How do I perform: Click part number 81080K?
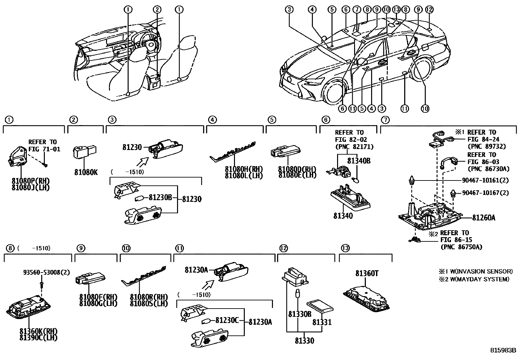pyautogui.click(x=86, y=172)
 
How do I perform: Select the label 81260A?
pyautogui.click(x=483, y=218)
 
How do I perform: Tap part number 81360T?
pyautogui.click(x=367, y=273)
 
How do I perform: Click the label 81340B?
pyautogui.click(x=359, y=161)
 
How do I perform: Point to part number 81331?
pyautogui.click(x=322, y=322)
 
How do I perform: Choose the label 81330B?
pyautogui.click(x=299, y=314)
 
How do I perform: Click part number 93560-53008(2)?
pyautogui.click(x=46, y=272)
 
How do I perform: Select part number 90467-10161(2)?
pyautogui.click(x=485, y=180)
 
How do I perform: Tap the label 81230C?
pyautogui.click(x=227, y=320)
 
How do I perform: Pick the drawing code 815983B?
pyautogui.click(x=503, y=350)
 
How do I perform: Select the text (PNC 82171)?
pyautogui.click(x=354, y=146)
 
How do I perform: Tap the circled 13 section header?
pyautogui.click(x=345, y=248)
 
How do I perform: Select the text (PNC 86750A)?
pyautogui.click(x=461, y=247)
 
